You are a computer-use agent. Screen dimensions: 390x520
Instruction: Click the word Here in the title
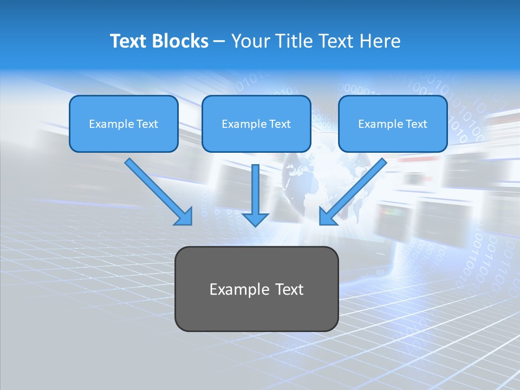[380, 41]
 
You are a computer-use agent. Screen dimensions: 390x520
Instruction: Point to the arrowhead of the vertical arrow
[255, 219]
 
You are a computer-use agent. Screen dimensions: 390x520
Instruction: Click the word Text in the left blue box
[147, 124]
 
